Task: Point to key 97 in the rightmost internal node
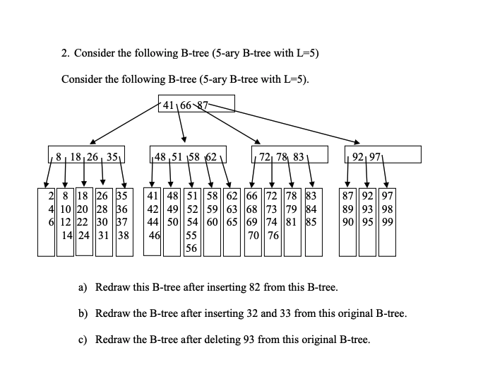coord(374,155)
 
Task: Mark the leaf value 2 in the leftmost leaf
coord(51,193)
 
